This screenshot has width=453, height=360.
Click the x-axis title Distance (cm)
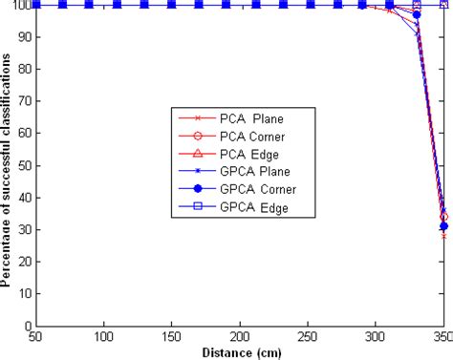coord(240,351)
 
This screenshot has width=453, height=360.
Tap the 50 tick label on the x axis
coord(34,337)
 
